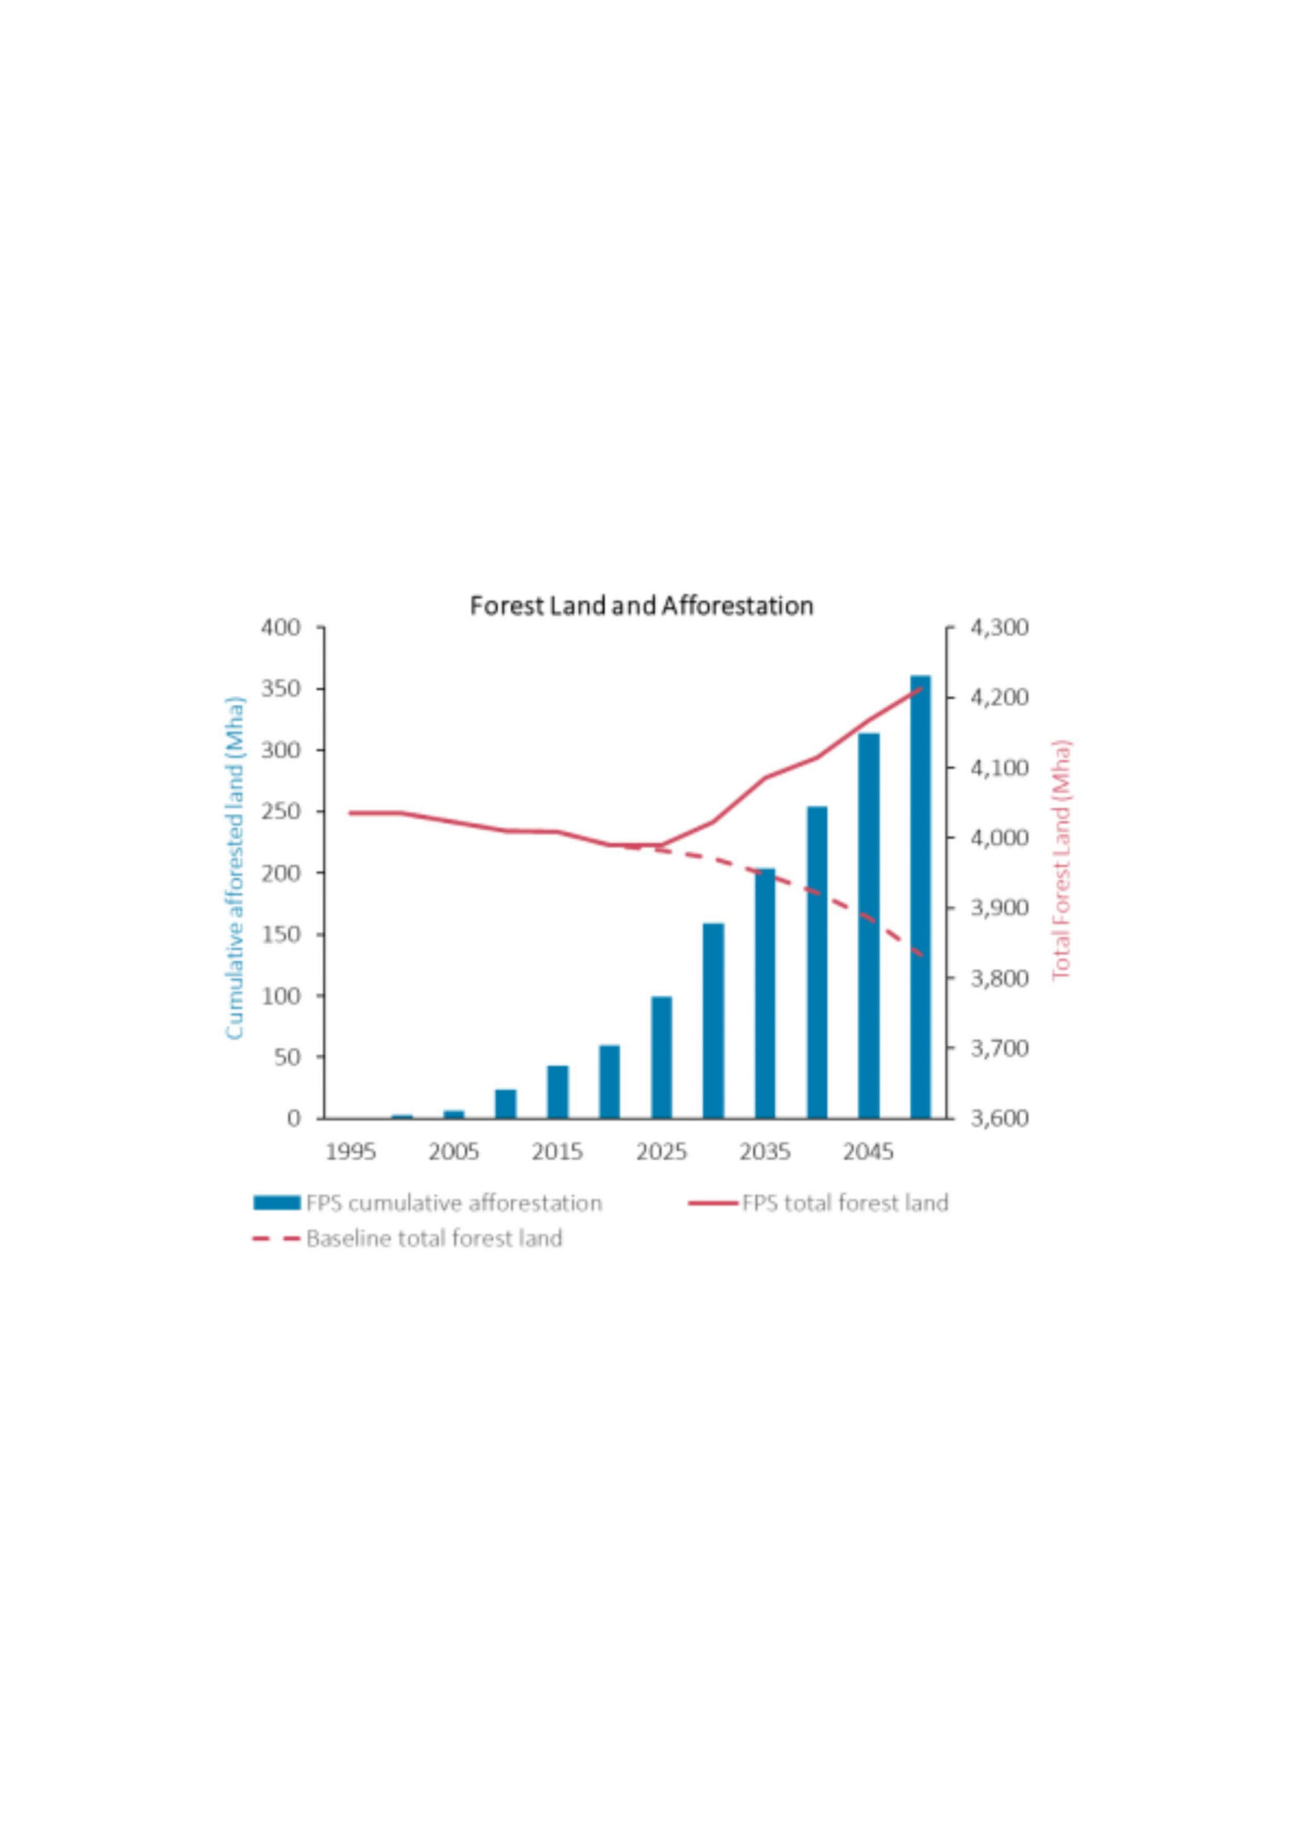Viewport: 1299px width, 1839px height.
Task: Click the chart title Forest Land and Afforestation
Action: [641, 606]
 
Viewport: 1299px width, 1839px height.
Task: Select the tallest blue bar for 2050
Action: [920, 897]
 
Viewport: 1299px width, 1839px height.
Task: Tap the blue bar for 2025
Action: [661, 1057]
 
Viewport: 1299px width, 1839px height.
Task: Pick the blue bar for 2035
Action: [765, 993]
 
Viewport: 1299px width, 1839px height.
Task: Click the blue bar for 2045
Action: [869, 925]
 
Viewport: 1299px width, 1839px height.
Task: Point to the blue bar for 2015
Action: [557, 1092]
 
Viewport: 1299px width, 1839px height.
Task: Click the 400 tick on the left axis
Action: [280, 628]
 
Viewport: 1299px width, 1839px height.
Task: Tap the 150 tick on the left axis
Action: [280, 935]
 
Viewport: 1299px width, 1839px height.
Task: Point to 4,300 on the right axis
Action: [999, 628]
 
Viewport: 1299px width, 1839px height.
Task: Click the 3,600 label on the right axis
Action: [999, 1118]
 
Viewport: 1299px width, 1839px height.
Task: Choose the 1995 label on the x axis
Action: [350, 1152]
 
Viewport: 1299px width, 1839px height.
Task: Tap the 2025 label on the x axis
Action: [661, 1152]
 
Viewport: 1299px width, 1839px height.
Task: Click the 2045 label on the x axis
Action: [869, 1152]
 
